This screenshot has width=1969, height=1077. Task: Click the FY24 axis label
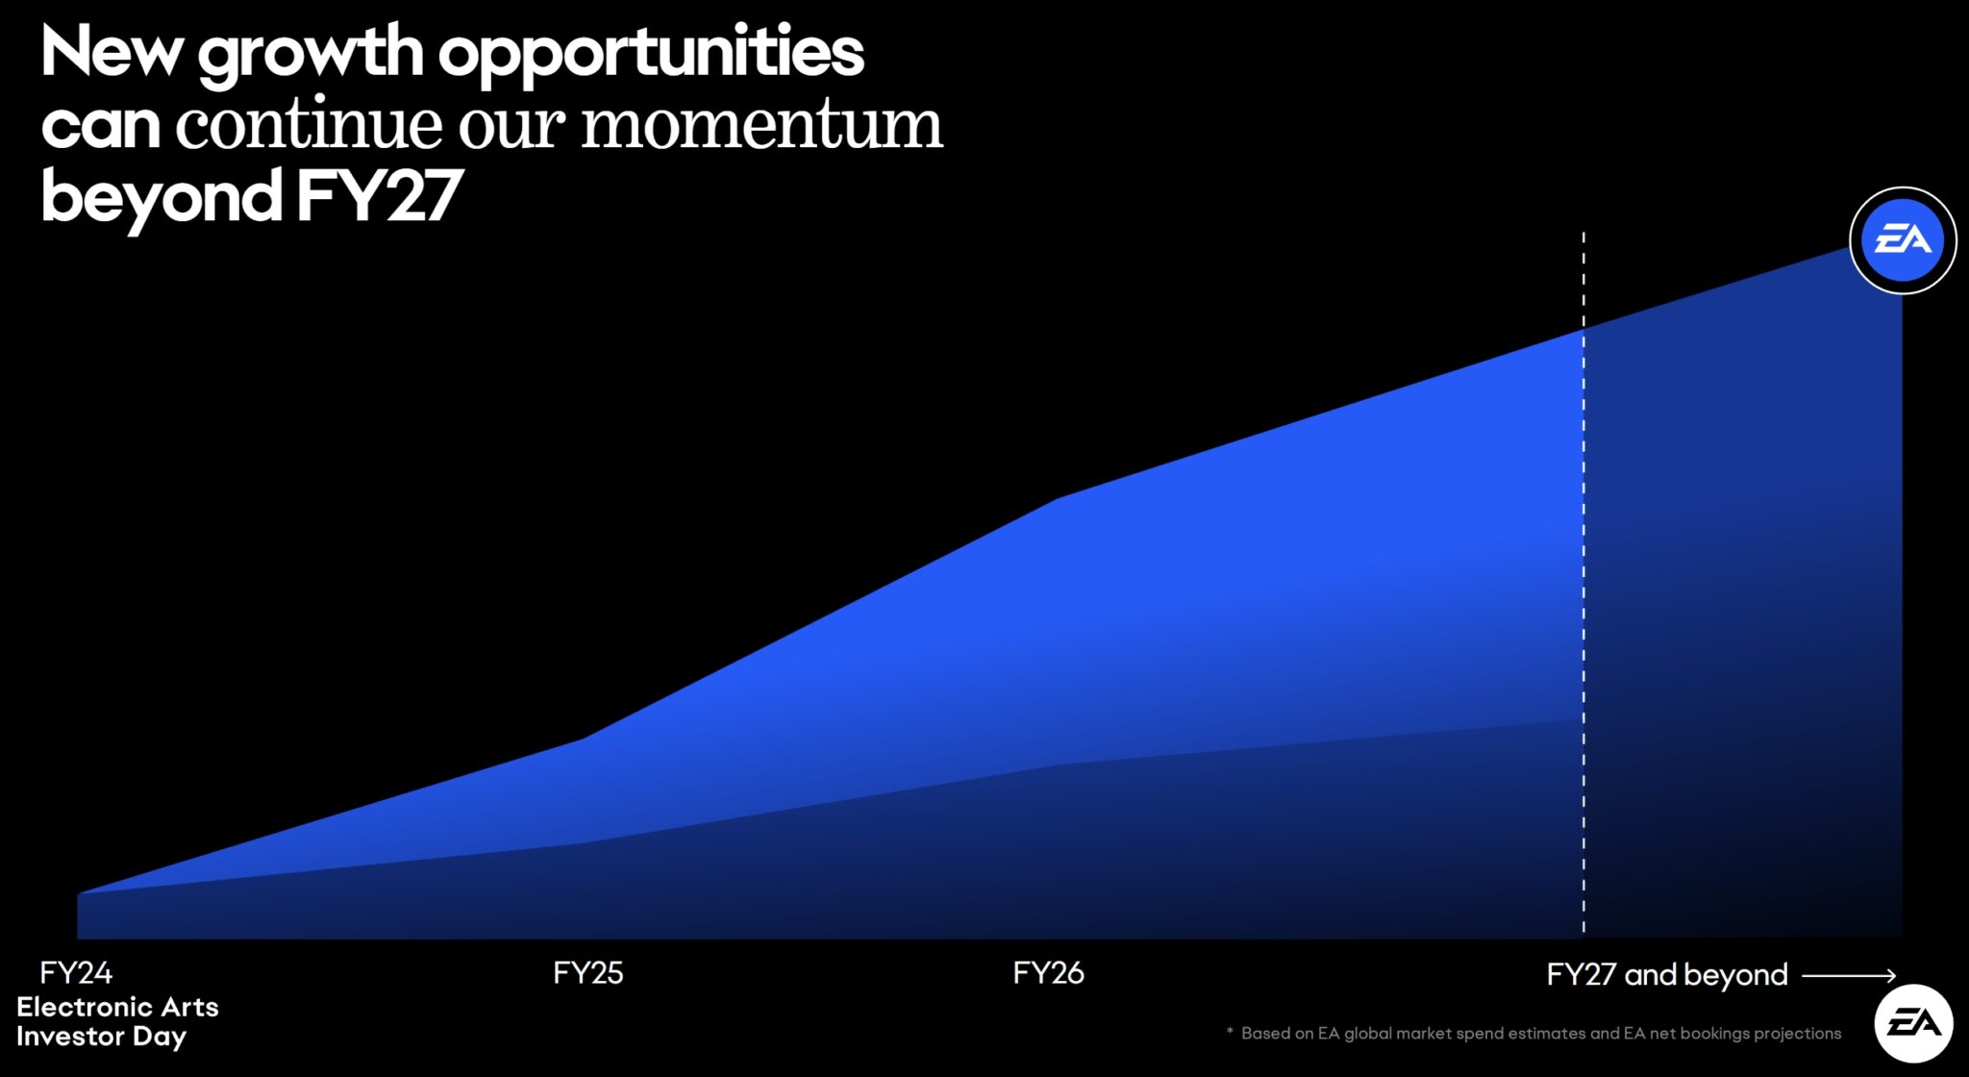click(x=76, y=973)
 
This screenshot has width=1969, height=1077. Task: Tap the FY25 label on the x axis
click(x=587, y=973)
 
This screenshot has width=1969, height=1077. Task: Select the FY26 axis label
click(x=1048, y=973)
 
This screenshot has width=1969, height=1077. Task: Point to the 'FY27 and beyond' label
click(x=1666, y=975)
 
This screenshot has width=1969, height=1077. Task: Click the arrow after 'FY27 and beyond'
click(x=1848, y=975)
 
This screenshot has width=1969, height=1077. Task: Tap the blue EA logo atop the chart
click(x=1903, y=240)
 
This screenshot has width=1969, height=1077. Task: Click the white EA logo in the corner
click(x=1913, y=1023)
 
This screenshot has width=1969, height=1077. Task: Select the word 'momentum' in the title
click(x=761, y=125)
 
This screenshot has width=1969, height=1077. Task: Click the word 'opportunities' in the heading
click(x=651, y=52)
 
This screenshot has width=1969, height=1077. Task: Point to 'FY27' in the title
click(x=380, y=197)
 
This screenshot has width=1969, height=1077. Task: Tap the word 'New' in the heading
click(x=111, y=52)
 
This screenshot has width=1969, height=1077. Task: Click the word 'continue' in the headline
click(x=310, y=125)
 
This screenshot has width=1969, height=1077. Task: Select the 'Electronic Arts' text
click(x=117, y=1007)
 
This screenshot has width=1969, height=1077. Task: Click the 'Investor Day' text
click(x=101, y=1037)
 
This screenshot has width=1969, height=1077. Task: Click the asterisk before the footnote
click(x=1230, y=1032)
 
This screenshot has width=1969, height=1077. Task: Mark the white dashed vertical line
click(x=1583, y=577)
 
